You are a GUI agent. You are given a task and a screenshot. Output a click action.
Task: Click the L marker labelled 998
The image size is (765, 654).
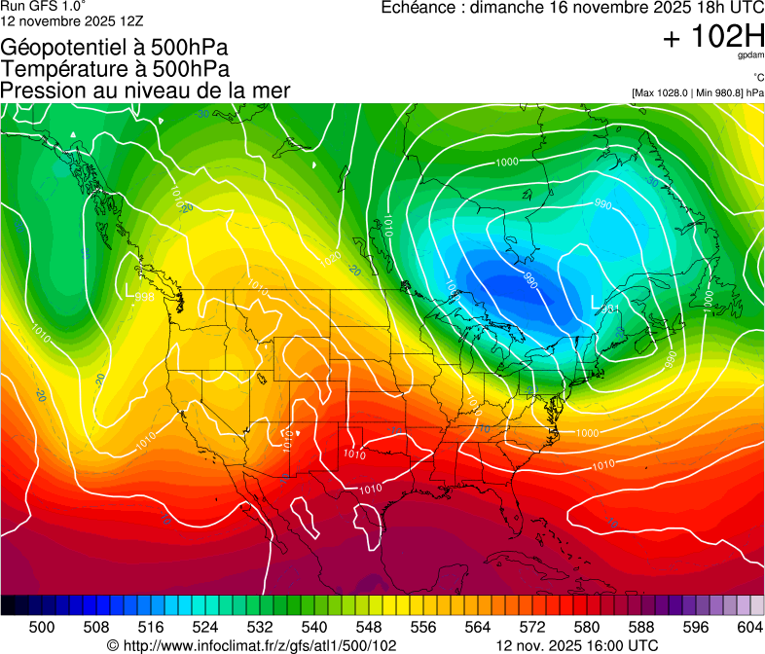[131, 289]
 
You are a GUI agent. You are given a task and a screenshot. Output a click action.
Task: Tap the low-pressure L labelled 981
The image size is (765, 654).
[598, 303]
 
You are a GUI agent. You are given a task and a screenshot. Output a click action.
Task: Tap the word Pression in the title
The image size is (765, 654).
[41, 91]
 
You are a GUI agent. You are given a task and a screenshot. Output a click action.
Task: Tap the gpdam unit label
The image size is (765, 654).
[748, 57]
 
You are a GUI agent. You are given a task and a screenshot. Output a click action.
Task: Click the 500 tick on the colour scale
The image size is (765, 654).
[42, 626]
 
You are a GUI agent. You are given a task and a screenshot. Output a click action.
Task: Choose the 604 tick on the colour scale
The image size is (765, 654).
[750, 626]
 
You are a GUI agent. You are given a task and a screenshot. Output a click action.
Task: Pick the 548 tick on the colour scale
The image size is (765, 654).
[369, 626]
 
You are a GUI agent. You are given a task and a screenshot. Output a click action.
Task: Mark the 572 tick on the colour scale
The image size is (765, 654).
[532, 626]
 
